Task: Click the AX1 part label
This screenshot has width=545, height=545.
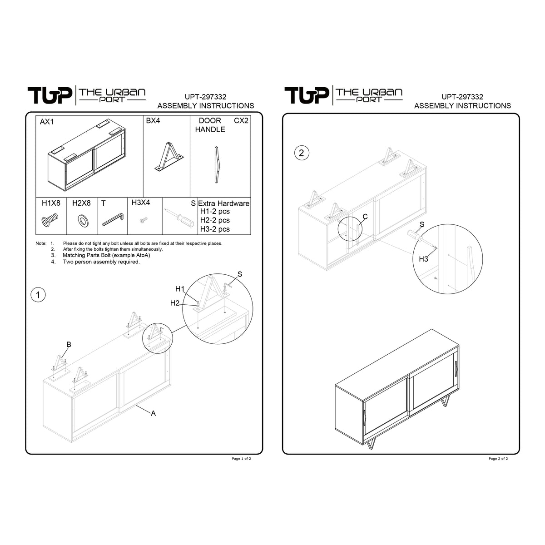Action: coord(47,122)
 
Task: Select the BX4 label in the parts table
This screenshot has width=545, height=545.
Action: coord(153,121)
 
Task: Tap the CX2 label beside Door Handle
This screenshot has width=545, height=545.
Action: coord(241,121)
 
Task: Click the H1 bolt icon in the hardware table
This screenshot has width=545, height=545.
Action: coord(50,220)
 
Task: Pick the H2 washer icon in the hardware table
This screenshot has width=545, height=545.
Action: coord(83,220)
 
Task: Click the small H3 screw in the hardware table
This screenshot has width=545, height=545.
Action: coord(144,219)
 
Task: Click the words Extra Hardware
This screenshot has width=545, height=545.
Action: coord(224,203)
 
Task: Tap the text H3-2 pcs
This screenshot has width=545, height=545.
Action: coord(215,229)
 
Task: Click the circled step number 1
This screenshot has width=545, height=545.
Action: coord(38,295)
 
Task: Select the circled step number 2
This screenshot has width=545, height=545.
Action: coord(302,153)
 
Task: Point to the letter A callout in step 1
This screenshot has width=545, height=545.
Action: coord(154,413)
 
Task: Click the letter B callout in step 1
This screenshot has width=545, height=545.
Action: coord(69,344)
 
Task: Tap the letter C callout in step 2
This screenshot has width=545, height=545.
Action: coord(365,217)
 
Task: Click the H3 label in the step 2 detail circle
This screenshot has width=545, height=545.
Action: coord(423,259)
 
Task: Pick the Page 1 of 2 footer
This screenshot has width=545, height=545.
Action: coord(241,459)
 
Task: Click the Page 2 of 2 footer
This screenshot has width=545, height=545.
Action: coord(498,459)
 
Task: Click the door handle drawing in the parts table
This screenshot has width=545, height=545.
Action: coord(216,164)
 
